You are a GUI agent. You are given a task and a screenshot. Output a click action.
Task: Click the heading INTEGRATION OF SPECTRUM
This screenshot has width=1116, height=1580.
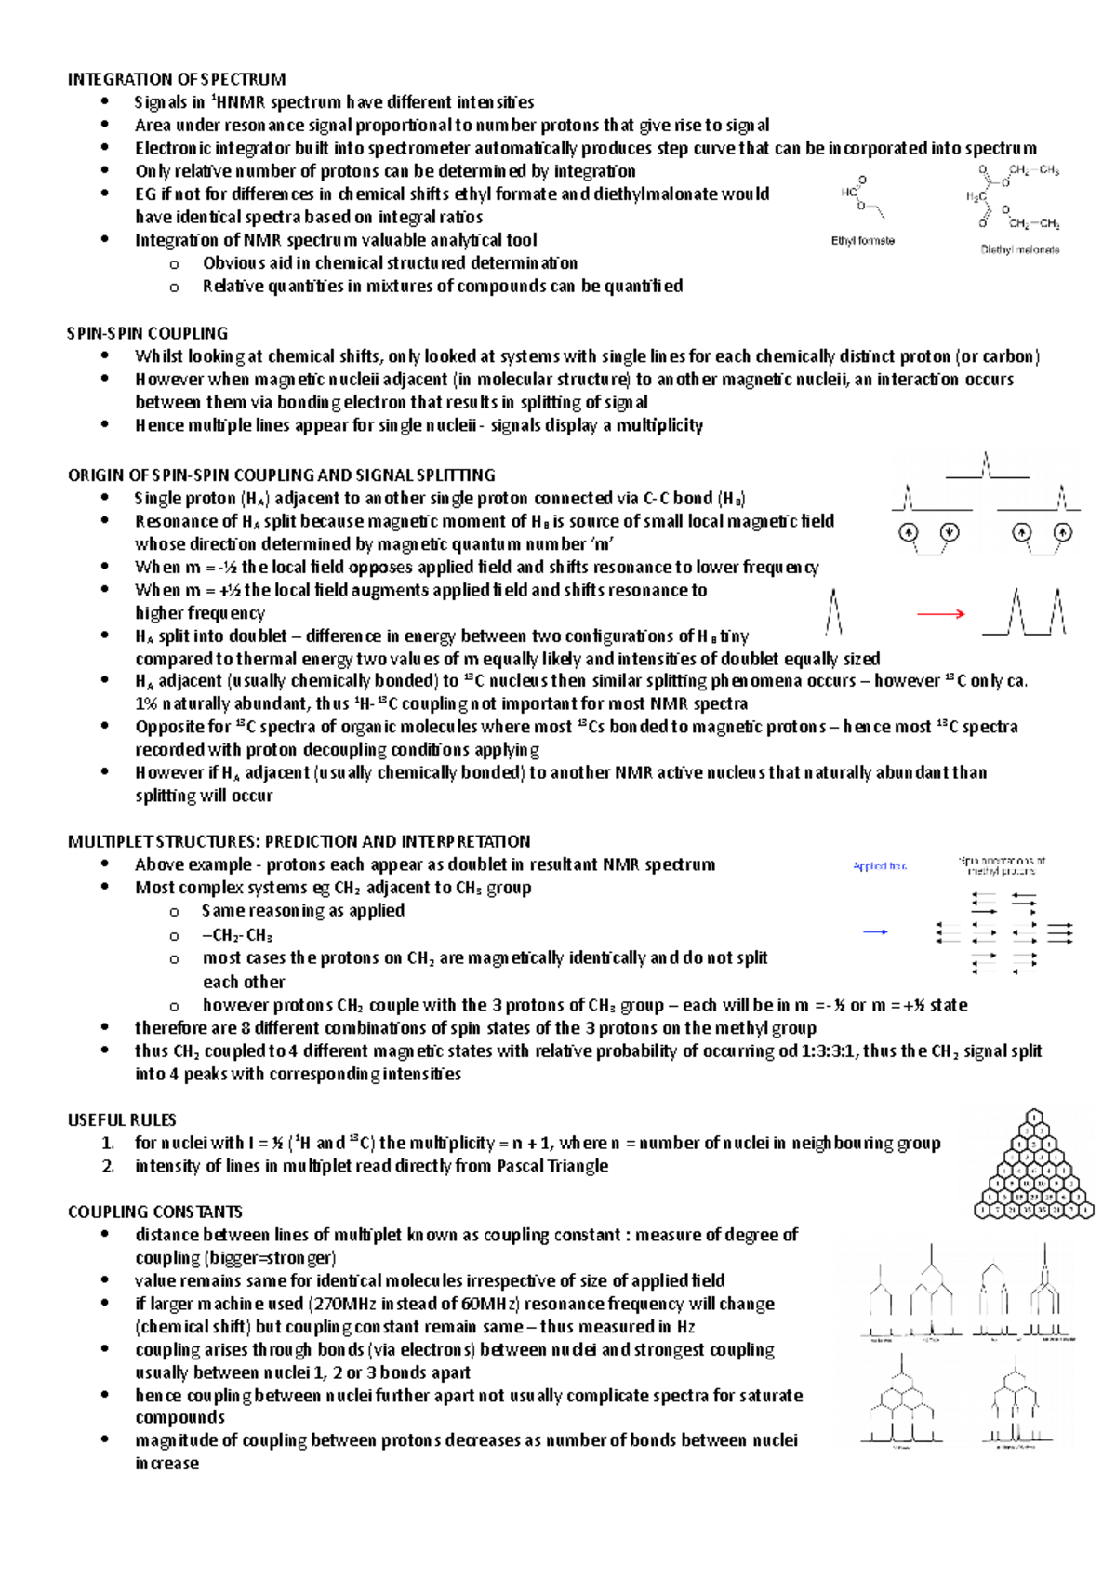tap(177, 79)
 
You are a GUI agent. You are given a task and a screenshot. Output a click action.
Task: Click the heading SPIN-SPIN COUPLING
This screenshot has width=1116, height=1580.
tap(147, 333)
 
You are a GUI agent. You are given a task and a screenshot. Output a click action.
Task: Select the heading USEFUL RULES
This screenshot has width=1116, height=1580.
tap(122, 1119)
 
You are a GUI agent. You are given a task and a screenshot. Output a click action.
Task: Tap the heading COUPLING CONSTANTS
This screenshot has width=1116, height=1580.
tap(154, 1212)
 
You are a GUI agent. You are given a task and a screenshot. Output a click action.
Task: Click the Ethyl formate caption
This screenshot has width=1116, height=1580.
tap(862, 241)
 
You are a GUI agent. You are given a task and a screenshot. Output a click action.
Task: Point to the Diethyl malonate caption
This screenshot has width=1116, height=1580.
tap(1019, 249)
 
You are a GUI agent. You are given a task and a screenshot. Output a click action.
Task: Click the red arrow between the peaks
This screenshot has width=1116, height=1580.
tap(940, 613)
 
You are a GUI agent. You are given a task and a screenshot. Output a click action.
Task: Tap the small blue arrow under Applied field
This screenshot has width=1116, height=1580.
tap(875, 931)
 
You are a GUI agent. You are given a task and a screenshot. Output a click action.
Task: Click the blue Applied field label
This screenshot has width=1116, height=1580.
tap(879, 866)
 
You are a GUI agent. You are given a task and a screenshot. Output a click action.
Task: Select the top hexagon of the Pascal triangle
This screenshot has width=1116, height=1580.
tap(1033, 1116)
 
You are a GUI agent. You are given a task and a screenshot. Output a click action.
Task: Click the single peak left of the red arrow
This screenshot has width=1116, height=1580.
tap(834, 612)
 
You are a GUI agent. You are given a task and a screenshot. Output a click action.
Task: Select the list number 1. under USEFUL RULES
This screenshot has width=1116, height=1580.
tap(108, 1143)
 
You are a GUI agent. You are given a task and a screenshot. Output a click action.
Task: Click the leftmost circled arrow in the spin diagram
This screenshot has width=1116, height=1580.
tap(908, 532)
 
